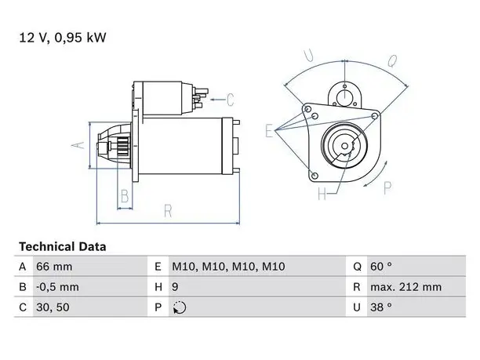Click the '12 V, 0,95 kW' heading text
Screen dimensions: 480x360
pyautogui.click(x=63, y=38)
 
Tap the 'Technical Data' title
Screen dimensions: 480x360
pyautogui.click(x=63, y=247)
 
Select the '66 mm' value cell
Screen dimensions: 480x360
pyautogui.click(x=54, y=267)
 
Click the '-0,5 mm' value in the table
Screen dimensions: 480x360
pyautogui.click(x=57, y=287)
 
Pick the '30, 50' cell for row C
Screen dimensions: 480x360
pyautogui.click(x=53, y=307)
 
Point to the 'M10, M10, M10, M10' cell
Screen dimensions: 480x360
pyautogui.click(x=228, y=267)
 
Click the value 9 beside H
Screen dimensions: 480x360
pyautogui.click(x=175, y=287)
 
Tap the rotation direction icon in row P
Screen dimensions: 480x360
pyautogui.click(x=180, y=307)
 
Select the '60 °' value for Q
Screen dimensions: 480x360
pyautogui.click(x=381, y=267)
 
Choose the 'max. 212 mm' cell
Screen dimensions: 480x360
pyautogui.click(x=406, y=287)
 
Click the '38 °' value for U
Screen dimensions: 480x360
pyautogui.click(x=381, y=307)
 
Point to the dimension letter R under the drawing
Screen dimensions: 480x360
pyautogui.click(x=168, y=211)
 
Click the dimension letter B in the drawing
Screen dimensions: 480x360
pyautogui.click(x=125, y=196)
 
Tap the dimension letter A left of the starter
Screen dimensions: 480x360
pyautogui.click(x=78, y=144)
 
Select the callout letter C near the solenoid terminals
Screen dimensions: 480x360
pyautogui.click(x=231, y=100)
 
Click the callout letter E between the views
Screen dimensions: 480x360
pyautogui.click(x=269, y=131)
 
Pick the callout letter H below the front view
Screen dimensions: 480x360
pyautogui.click(x=322, y=194)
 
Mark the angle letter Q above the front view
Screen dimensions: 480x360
pyautogui.click(x=392, y=60)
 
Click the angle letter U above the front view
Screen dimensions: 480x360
pyautogui.click(x=309, y=56)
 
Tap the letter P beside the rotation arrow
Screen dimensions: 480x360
pyautogui.click(x=387, y=187)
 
